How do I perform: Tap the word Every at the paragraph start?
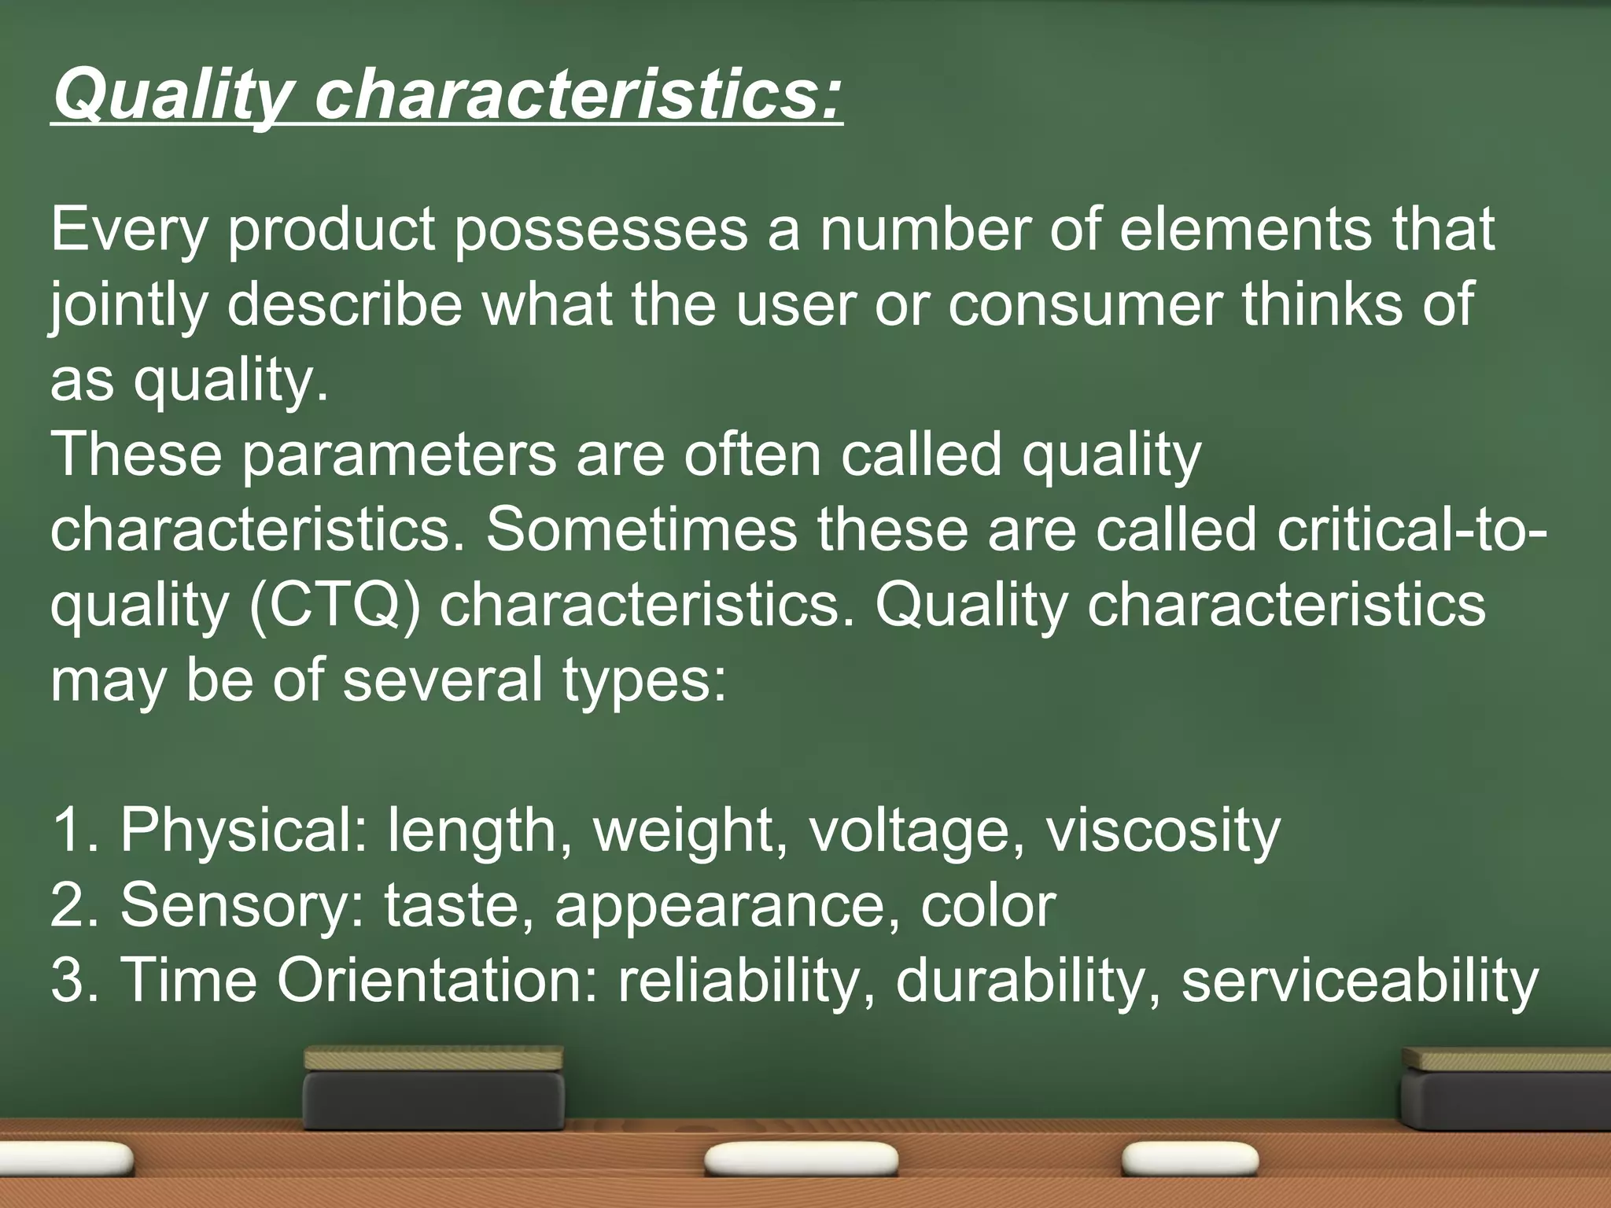tap(129, 230)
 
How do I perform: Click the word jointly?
tap(129, 305)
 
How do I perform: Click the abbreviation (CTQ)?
tap(335, 606)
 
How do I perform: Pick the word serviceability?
tap(1359, 980)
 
